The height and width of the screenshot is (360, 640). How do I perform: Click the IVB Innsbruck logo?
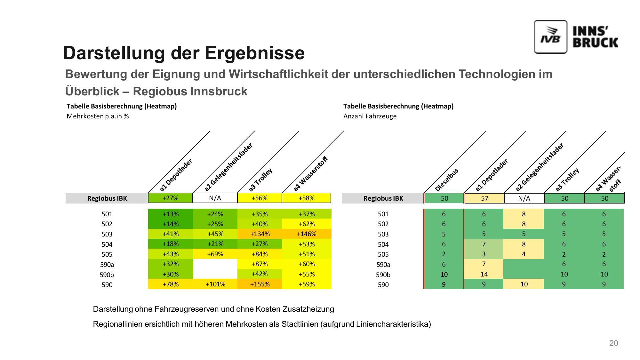click(576, 37)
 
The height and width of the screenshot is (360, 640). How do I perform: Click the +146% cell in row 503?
click(307, 234)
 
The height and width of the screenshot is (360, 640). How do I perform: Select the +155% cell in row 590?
click(260, 284)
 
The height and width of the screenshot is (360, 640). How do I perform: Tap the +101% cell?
click(215, 284)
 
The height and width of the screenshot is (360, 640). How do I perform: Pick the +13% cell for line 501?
click(171, 214)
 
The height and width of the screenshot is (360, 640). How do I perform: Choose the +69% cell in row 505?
click(215, 254)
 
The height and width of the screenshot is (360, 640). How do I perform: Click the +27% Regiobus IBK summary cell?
click(171, 198)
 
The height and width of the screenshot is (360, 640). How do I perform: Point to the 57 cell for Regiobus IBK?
click(484, 198)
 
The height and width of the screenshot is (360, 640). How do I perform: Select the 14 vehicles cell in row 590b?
click(484, 274)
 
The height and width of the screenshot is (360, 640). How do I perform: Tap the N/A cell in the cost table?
click(215, 198)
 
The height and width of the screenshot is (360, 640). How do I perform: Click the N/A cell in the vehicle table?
click(524, 198)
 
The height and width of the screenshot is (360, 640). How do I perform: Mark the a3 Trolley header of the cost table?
click(260, 180)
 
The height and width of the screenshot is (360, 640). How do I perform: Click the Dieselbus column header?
click(447, 180)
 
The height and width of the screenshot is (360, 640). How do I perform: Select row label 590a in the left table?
click(107, 265)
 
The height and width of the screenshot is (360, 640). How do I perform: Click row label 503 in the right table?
click(383, 234)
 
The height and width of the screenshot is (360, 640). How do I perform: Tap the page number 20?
click(613, 343)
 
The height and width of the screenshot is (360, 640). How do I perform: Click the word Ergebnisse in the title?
click(255, 53)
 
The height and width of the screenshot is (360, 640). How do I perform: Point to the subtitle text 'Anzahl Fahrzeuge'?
click(370, 116)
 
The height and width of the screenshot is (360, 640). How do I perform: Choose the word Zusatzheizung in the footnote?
click(308, 309)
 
